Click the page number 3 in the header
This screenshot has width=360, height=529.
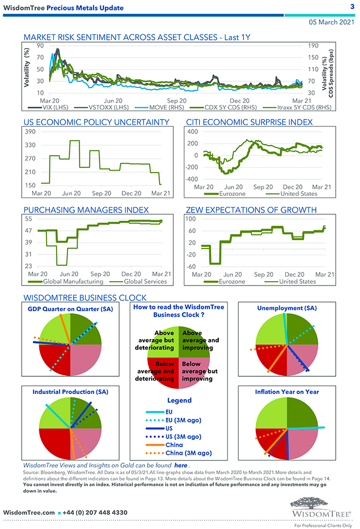pyautogui.click(x=352, y=7)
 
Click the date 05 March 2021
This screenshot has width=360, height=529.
pyautogui.click(x=331, y=23)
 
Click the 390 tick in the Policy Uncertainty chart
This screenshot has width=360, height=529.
pyautogui.click(x=30, y=132)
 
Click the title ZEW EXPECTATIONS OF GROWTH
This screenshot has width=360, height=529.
pyautogui.click(x=259, y=210)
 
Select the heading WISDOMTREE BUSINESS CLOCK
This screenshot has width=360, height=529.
pyautogui.click(x=85, y=298)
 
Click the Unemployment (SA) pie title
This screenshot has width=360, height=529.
pyautogui.click(x=287, y=308)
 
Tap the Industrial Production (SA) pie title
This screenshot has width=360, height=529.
pyautogui.click(x=70, y=391)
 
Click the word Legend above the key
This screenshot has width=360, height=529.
pyautogui.click(x=179, y=400)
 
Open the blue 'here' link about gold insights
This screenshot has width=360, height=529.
pyautogui.click(x=181, y=465)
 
